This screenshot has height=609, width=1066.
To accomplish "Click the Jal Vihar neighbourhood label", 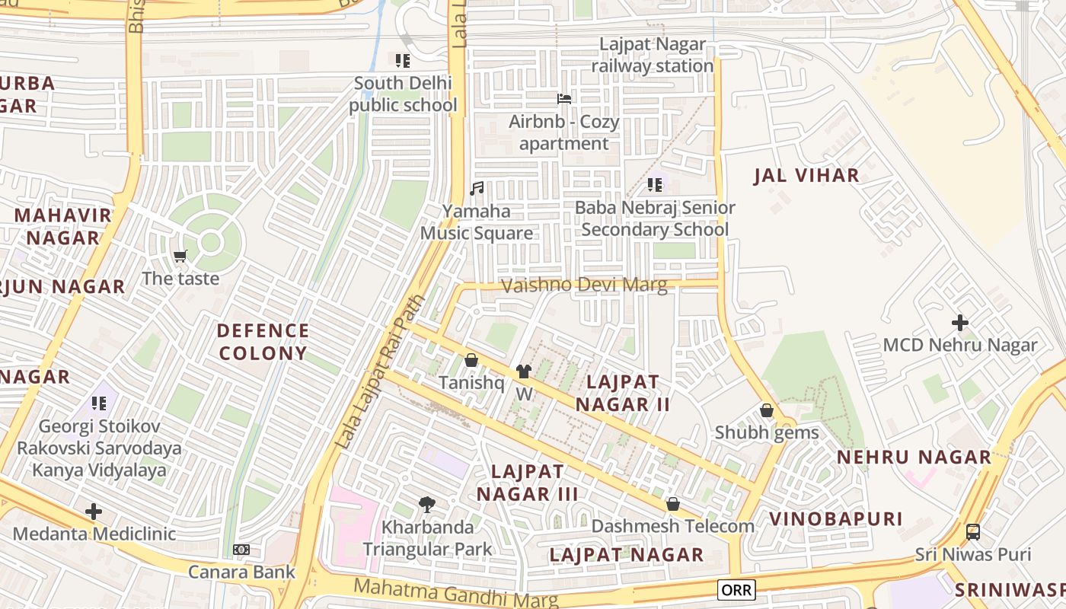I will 806,176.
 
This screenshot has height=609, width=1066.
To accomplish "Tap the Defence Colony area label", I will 263,342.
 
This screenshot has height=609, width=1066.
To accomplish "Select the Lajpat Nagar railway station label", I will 653,56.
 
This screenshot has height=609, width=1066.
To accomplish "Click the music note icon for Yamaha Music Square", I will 477,188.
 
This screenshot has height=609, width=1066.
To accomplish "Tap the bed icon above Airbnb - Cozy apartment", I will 564,99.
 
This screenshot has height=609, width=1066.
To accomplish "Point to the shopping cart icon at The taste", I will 180,256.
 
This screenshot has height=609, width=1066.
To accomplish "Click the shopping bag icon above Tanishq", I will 471,360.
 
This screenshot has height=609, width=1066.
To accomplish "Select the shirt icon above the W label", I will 524,371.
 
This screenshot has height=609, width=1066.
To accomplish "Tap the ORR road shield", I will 736,589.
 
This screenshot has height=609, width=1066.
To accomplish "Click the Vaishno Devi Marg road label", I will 584,285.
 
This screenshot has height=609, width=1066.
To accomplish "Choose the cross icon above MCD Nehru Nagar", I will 960,323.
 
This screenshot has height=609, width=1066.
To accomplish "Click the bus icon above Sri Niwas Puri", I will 972,531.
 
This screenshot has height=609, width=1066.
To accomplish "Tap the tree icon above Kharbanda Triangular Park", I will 427,504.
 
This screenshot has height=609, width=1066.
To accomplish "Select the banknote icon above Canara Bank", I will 241,550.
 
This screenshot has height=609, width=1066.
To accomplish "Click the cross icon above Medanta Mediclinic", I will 94,512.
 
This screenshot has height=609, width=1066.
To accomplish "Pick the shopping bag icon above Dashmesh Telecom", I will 673,504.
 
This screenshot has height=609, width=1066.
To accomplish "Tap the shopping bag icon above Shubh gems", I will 767,410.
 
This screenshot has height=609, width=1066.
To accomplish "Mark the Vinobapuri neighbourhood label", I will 835,519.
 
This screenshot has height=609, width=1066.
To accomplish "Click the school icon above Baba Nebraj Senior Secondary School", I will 655,185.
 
